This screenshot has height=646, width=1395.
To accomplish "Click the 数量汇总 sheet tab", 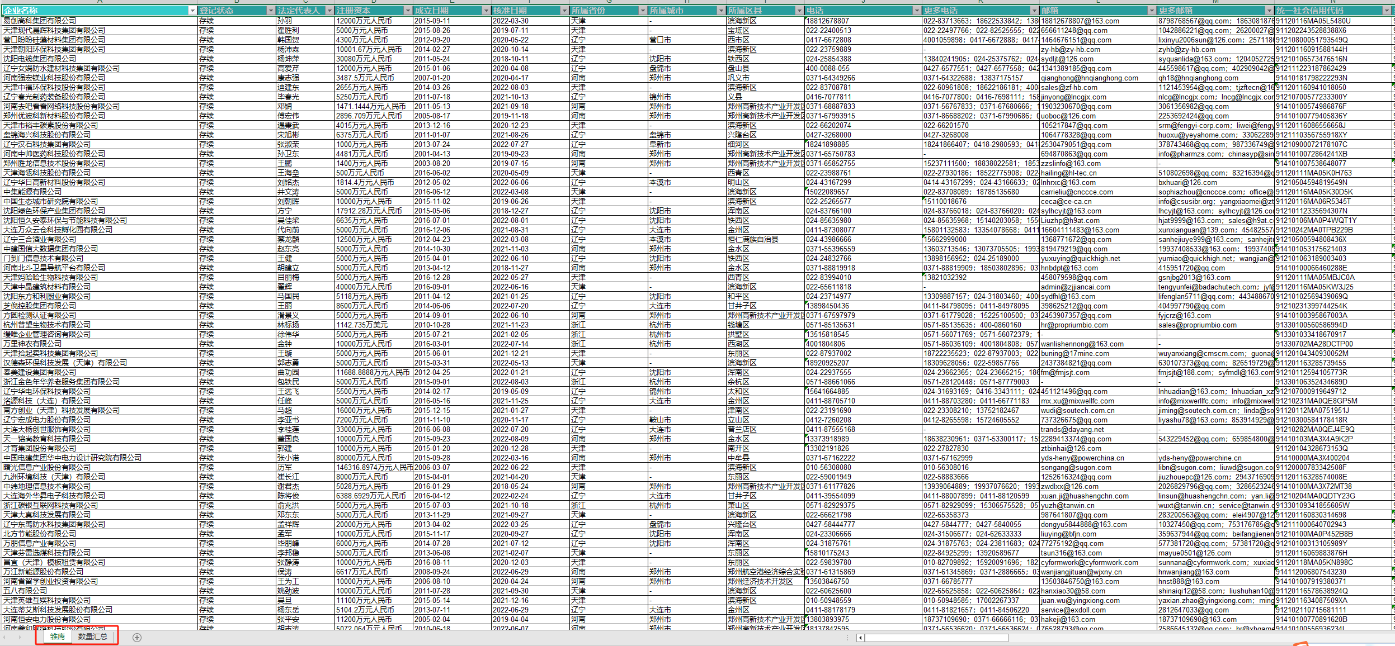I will point(92,636).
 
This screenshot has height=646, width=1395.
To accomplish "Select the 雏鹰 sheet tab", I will point(57,636).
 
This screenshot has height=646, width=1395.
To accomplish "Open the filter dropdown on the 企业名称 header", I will point(192,11).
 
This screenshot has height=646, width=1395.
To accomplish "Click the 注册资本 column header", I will point(369,11).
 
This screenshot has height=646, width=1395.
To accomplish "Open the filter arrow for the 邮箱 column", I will point(1151,11).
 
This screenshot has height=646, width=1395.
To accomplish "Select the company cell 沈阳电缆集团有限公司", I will point(40,59).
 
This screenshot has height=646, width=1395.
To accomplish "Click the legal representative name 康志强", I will point(288,78).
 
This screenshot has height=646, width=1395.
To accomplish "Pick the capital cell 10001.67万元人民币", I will point(369,49).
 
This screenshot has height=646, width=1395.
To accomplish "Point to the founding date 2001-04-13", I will point(432,154).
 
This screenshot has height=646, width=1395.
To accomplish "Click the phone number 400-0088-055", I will point(827,68).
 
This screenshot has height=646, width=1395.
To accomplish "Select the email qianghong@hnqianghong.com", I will point(1089,78).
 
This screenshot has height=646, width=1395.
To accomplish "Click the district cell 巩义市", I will point(738,78).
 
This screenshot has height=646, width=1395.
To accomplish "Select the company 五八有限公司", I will point(25,591).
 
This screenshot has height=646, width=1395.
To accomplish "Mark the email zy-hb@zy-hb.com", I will point(1070,49).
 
